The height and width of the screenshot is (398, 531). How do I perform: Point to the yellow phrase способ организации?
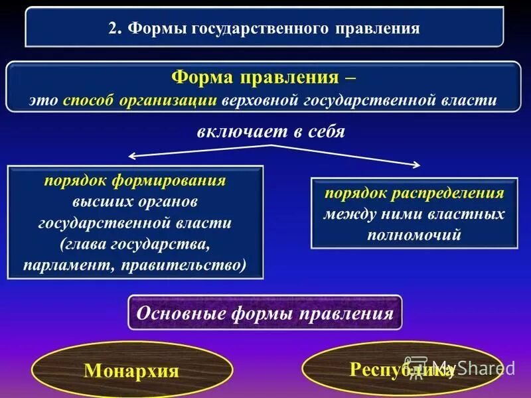[141, 100]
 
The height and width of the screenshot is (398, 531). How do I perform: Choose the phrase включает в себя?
[271, 131]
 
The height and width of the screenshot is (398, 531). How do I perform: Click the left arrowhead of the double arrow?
[131, 156]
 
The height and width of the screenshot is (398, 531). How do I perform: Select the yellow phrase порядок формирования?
[135, 180]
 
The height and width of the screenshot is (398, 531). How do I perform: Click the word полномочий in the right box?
[414, 235]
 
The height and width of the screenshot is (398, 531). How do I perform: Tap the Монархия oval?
[131, 369]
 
